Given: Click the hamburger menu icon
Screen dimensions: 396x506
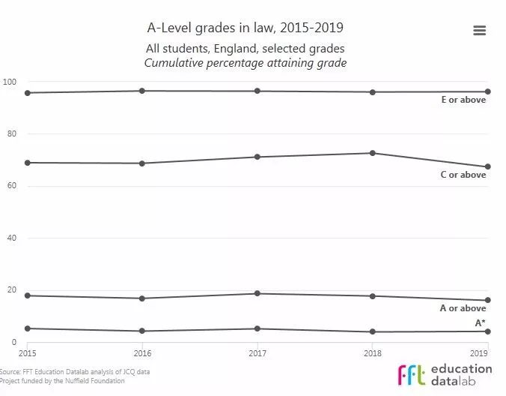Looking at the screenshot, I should pos(480,30).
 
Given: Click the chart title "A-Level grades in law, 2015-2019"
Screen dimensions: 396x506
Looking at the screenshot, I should pos(246,28).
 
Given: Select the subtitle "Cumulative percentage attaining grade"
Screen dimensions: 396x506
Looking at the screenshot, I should pos(246,63).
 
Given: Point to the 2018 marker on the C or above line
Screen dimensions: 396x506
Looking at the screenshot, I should pos(373,153).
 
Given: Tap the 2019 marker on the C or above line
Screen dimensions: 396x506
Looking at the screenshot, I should pos(488,166).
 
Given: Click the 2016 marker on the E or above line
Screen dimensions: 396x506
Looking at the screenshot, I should pos(142,91).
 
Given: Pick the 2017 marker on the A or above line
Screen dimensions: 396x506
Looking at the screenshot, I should pos(257,293).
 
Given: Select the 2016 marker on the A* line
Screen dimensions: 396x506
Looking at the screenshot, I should pos(142,331).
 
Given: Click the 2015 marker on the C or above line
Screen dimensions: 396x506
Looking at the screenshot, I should pos(27,163).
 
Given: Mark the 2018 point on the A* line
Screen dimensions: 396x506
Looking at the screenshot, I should pos(373,331).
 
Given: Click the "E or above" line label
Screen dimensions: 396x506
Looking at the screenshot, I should pos(463,100).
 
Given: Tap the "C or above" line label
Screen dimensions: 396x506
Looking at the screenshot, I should pos(463,175).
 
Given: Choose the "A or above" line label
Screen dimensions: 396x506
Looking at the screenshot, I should pos(463,308).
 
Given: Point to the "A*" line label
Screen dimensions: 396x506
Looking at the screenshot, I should pos(480,322).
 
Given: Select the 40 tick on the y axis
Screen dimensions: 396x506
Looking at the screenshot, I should pos(12,238).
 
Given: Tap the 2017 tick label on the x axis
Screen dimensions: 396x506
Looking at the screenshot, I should pos(257,352).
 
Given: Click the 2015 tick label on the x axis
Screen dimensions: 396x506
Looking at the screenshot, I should pos(27,352).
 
